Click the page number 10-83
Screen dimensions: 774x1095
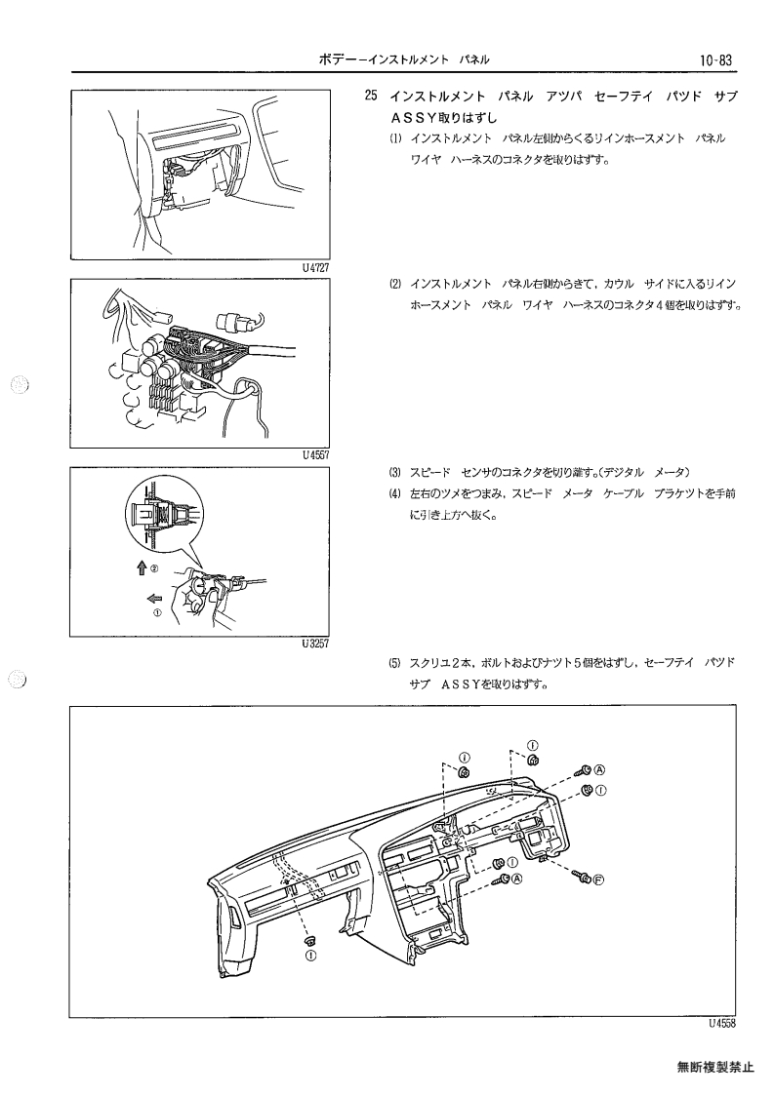(714, 60)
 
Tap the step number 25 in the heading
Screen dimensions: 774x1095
(371, 96)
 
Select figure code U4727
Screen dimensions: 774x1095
(315, 267)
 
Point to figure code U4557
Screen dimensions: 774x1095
(315, 454)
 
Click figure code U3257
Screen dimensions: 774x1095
(315, 644)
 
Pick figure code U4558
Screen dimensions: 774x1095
(722, 1024)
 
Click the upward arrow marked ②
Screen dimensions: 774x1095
(142, 568)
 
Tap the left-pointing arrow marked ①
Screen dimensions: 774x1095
(154, 598)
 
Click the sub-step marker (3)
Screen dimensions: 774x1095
(395, 471)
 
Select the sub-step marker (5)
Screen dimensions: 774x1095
(395, 662)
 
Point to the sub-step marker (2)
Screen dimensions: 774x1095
(395, 284)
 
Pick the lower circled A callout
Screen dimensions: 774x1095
(516, 879)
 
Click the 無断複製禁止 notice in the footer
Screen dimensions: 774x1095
(715, 1067)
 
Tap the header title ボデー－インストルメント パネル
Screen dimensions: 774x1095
(404, 60)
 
